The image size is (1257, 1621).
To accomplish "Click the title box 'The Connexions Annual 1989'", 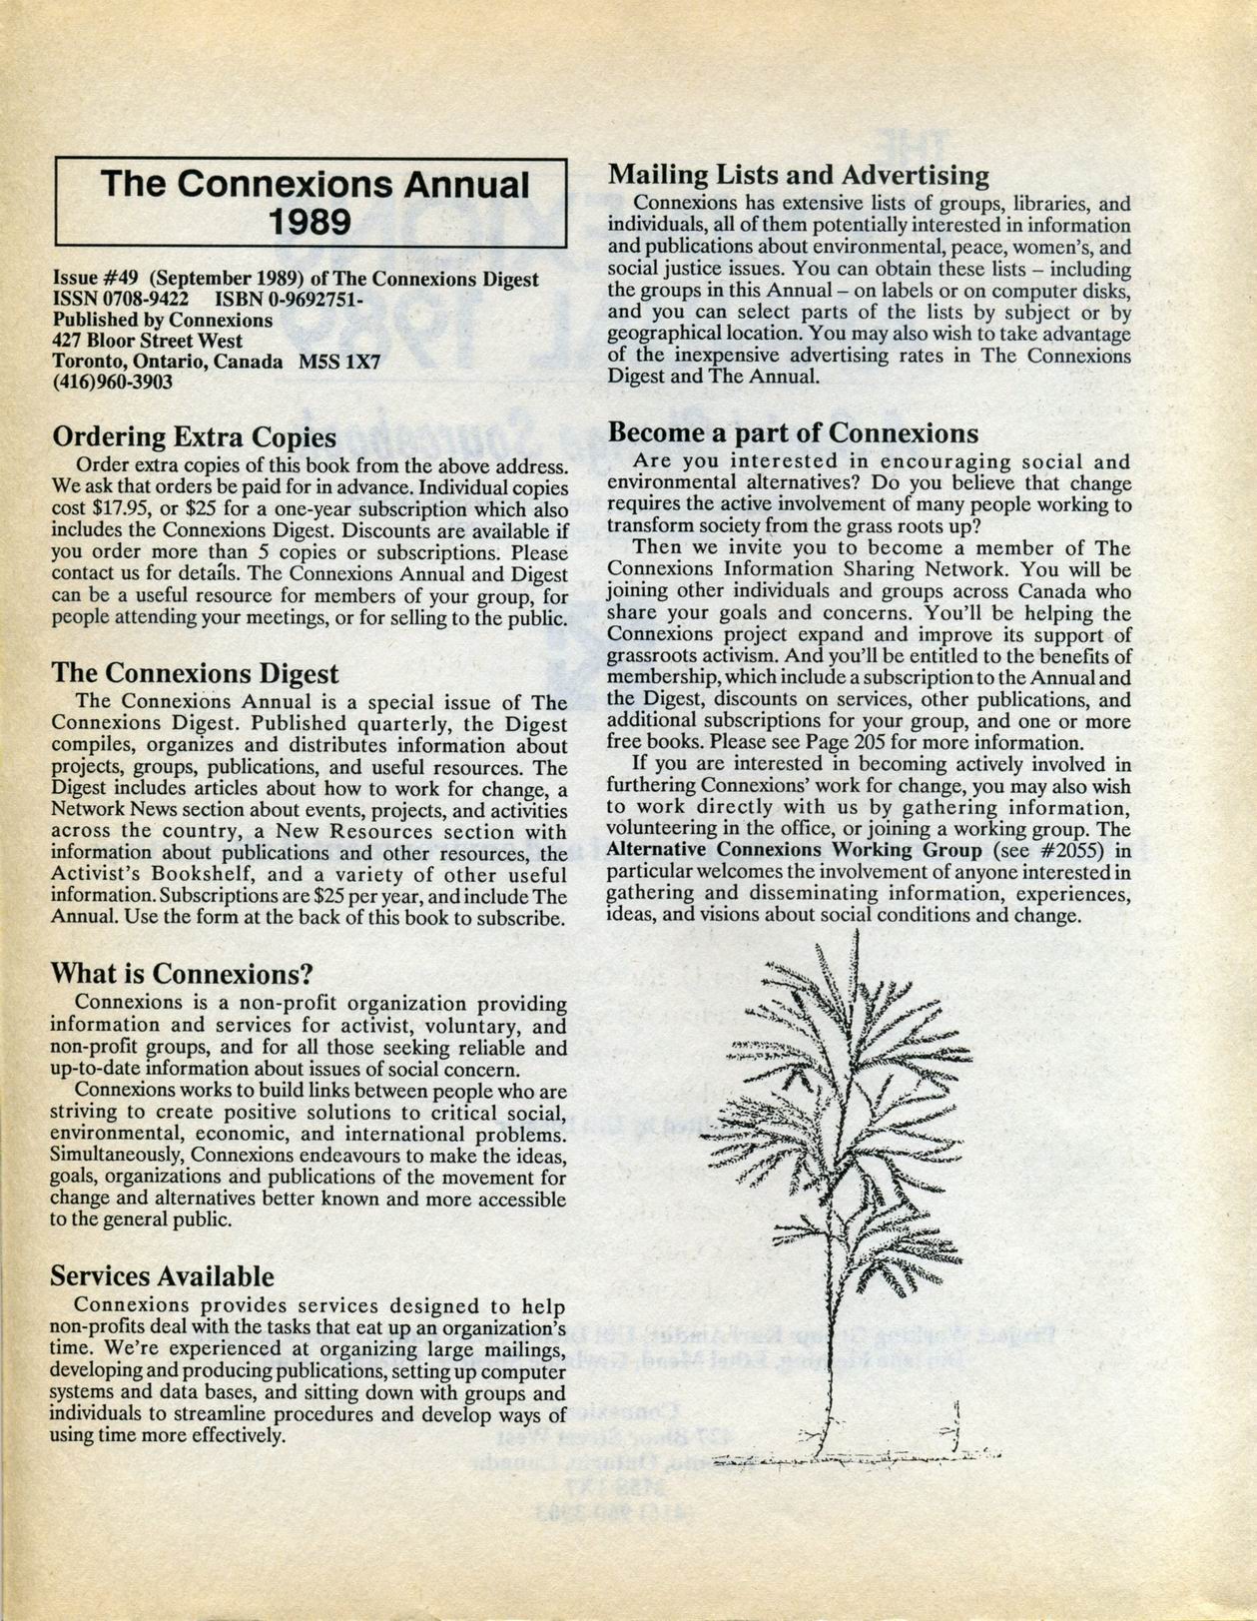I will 311,202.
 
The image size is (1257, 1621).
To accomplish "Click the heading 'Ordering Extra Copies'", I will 194,437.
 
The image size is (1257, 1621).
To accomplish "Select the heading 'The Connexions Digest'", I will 195,674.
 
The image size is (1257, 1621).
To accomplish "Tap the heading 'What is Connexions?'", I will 183,973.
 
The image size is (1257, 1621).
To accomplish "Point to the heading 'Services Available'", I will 162,1276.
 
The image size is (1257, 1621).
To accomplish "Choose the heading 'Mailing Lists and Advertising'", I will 799,176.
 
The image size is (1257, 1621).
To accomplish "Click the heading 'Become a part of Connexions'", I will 793,433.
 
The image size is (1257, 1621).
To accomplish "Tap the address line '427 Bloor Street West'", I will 148,341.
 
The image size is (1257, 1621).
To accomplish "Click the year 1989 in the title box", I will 310,220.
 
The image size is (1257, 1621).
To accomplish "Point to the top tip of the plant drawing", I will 857,933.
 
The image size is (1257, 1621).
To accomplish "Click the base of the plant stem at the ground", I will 819,1453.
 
